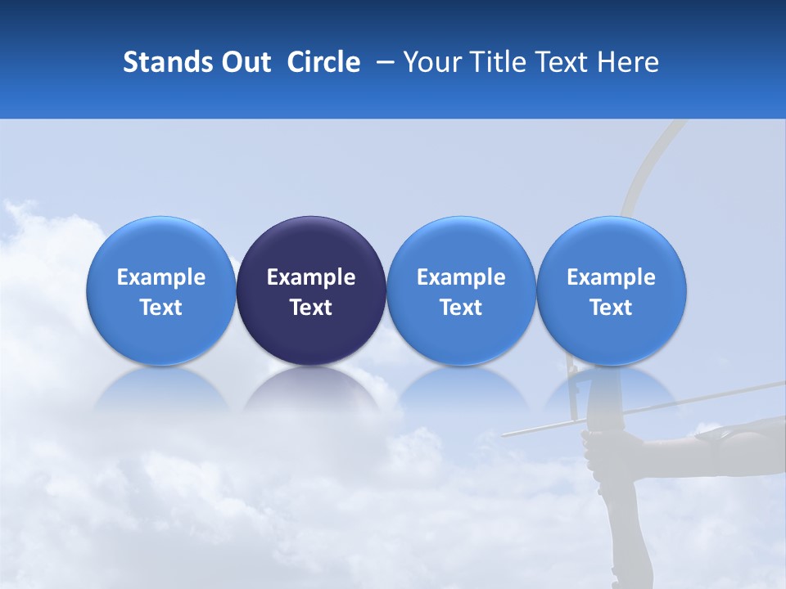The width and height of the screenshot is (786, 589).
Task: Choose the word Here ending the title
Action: [x=631, y=62]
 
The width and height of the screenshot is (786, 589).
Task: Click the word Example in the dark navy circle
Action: [x=311, y=277]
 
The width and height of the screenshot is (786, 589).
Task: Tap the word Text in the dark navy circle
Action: [x=311, y=308]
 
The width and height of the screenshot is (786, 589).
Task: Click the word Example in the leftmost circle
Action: [x=161, y=277]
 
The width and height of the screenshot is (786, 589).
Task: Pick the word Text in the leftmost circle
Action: [x=161, y=308]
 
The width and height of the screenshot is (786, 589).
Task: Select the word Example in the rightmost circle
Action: [x=611, y=277]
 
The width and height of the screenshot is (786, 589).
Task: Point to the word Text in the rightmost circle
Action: [x=611, y=308]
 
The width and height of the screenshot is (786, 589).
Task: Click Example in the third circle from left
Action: [x=461, y=277]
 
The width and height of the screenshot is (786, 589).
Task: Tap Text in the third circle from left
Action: [x=461, y=308]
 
